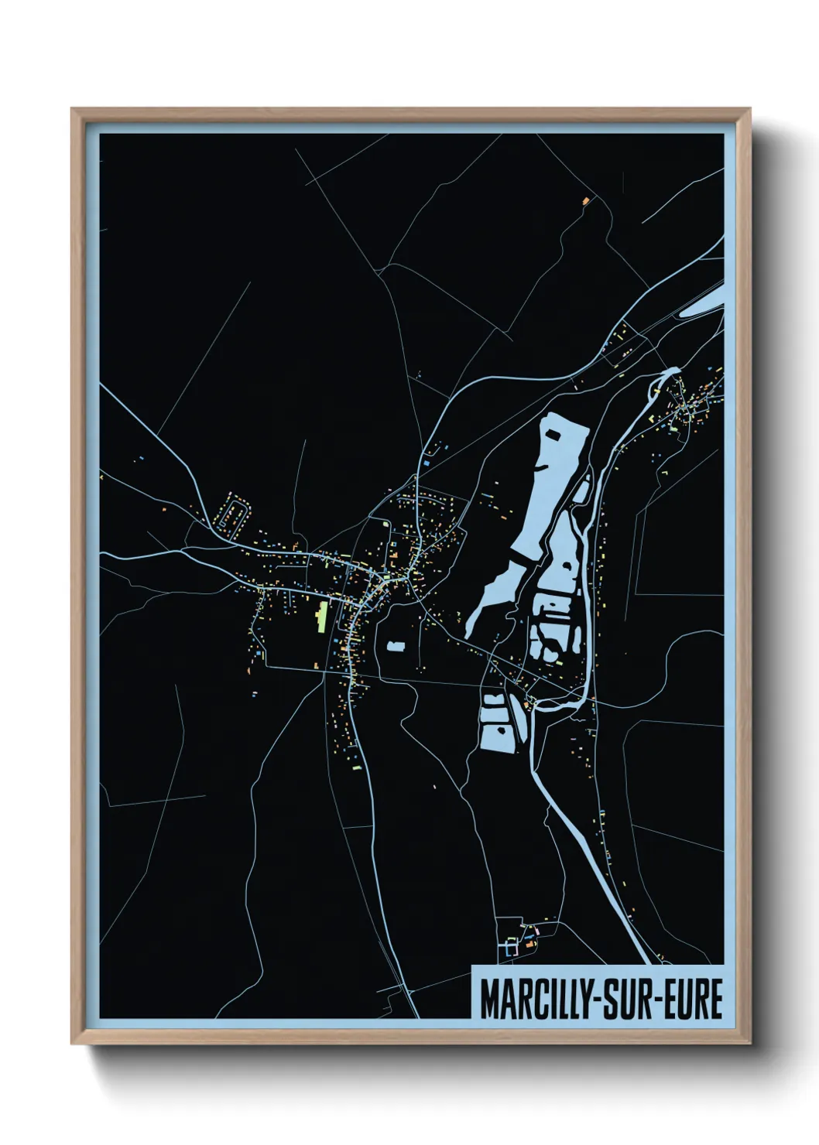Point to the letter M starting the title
coord(490,999)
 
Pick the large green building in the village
coord(320,617)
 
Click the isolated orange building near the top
coord(585,200)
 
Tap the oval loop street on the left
coord(235,513)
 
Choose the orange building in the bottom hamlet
coord(530,945)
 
